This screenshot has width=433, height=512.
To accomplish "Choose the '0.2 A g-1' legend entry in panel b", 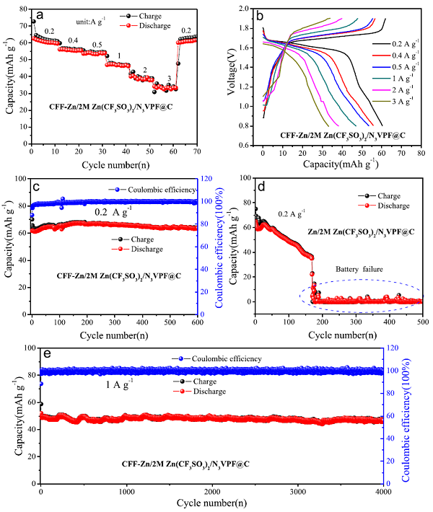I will [403, 43].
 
